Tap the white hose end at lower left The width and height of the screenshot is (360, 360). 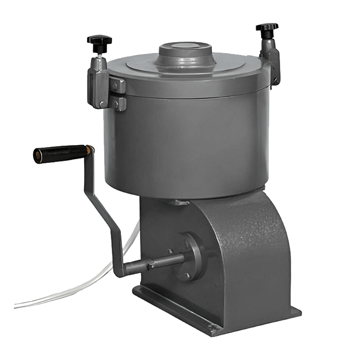(18, 306)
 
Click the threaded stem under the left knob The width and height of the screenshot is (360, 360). (99, 53)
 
